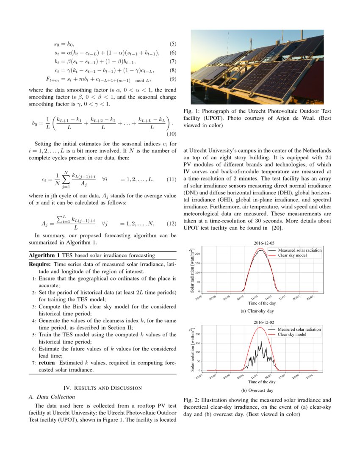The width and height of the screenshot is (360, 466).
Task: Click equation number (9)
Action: click(173, 79)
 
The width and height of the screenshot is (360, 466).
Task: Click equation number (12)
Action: click(171, 223)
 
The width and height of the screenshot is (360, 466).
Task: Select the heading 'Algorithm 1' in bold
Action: click(44, 255)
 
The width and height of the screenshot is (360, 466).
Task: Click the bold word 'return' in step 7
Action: click(47, 363)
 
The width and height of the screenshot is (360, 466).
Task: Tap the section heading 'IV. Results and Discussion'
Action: click(102, 388)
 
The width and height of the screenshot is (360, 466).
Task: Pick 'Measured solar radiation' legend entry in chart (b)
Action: click(299, 329)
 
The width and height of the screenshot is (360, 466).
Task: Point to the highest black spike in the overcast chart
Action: click(261, 341)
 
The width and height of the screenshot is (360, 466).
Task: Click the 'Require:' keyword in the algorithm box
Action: click(40, 264)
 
